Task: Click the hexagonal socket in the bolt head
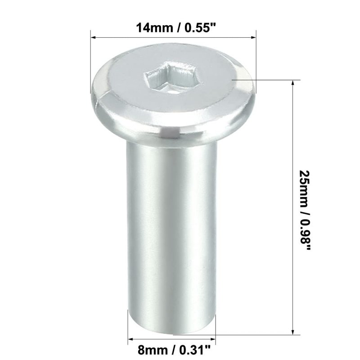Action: (170, 77)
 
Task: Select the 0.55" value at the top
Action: (201, 28)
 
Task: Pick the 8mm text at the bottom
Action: (153, 351)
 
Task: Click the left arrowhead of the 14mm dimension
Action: (93, 37)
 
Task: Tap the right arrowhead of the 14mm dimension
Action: (253, 37)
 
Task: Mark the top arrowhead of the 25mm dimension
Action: (293, 83)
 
